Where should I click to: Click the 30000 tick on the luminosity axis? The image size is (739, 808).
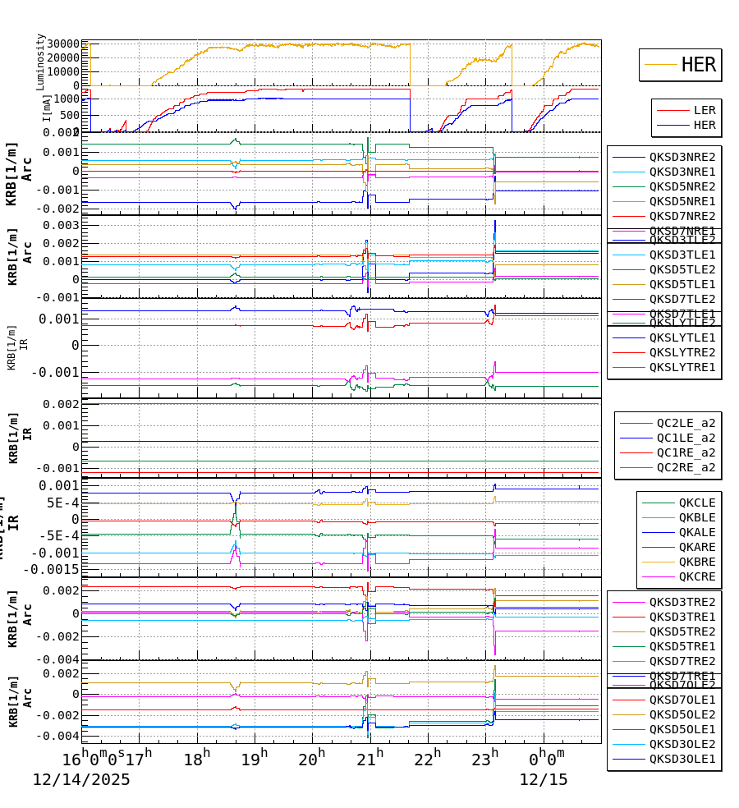tap(63, 44)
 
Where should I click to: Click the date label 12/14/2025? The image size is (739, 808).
tap(81, 780)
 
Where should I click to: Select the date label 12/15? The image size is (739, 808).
tap(543, 780)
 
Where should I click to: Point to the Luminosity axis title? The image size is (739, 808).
tap(40, 62)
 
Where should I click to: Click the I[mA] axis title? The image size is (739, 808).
tap(47, 108)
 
